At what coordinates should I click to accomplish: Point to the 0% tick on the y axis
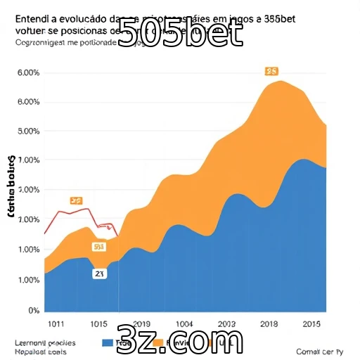click(x=32, y=310)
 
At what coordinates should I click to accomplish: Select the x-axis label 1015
click(x=98, y=323)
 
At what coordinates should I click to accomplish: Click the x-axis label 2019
click(x=141, y=323)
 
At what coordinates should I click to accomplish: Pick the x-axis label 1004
click(x=185, y=323)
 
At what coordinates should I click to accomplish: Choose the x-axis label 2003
click(x=227, y=323)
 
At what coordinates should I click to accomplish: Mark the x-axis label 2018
click(x=269, y=323)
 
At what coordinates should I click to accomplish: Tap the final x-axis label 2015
click(x=311, y=323)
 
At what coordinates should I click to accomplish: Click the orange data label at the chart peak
click(x=271, y=71)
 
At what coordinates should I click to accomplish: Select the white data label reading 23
click(x=99, y=274)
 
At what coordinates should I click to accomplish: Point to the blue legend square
click(x=108, y=342)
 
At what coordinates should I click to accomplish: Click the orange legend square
click(x=158, y=342)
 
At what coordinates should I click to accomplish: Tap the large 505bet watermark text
click(x=179, y=32)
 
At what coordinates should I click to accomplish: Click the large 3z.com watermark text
click(x=180, y=341)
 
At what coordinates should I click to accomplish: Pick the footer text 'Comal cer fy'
click(x=320, y=351)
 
